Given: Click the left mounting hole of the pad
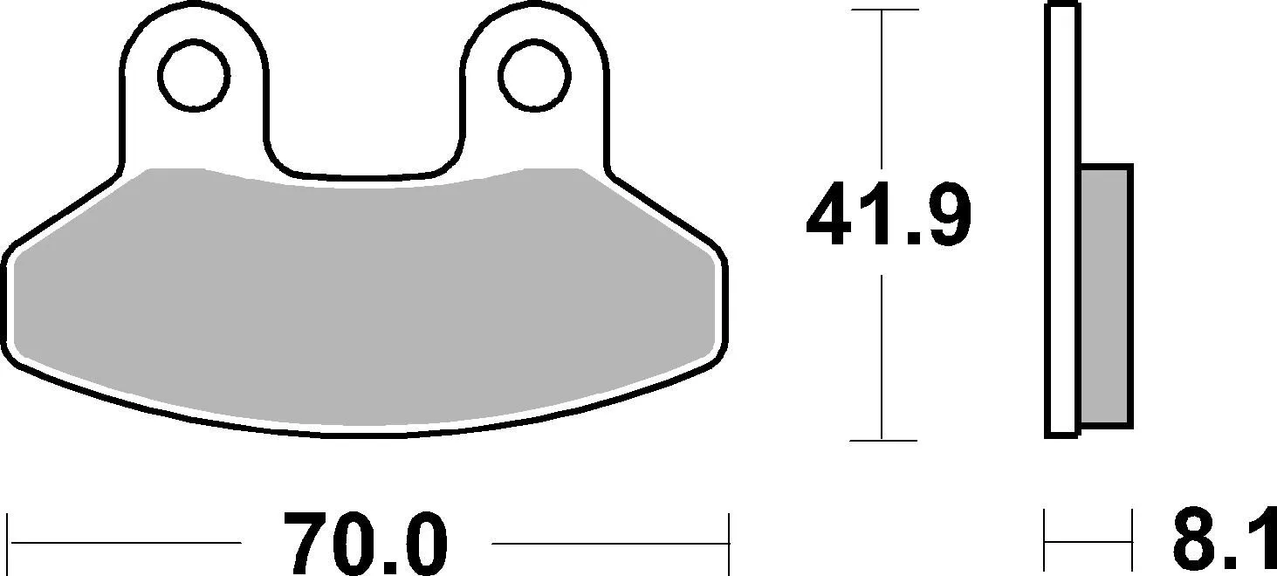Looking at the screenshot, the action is (x=194, y=76).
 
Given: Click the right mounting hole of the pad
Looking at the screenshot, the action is (x=534, y=76).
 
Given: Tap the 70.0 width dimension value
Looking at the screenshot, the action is (x=366, y=544).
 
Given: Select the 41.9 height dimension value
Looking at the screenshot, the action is (x=889, y=214).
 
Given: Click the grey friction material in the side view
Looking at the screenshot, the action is (x=1105, y=296).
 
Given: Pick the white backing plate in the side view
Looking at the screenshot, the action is (x=1062, y=220).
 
